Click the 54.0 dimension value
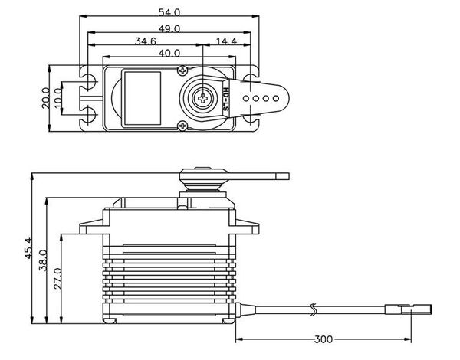[x=169, y=13]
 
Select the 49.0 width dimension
[x=169, y=28]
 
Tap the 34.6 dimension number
[x=146, y=41]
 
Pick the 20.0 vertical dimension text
[x=45, y=98]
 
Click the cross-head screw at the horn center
[x=202, y=97]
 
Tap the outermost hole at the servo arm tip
[x=273, y=98]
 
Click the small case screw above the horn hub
[x=185, y=70]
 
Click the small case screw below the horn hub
[x=185, y=125]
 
